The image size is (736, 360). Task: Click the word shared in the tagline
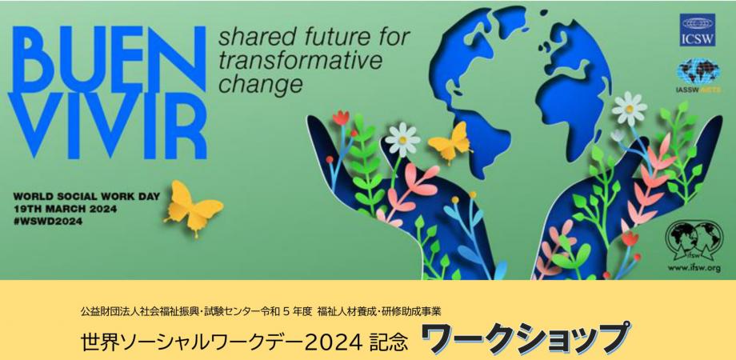point(246,38)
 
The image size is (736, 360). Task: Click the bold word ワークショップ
point(523,339)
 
